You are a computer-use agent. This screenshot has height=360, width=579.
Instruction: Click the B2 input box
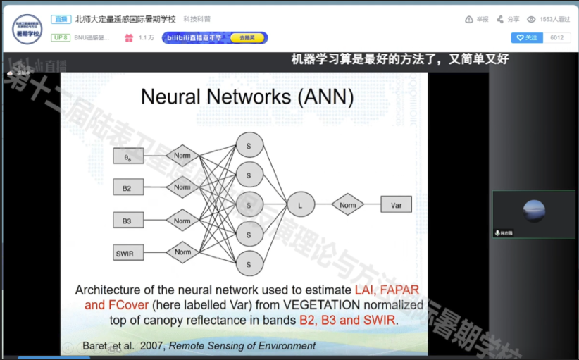[x=127, y=188]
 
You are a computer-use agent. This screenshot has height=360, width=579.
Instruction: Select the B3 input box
[x=127, y=221]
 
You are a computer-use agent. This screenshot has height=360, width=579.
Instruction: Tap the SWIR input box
[x=127, y=252]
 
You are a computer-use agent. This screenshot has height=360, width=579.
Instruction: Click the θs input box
[x=127, y=158]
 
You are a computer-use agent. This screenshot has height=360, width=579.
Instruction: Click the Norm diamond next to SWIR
[x=182, y=252]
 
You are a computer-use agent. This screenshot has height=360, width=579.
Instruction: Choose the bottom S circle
[x=249, y=263]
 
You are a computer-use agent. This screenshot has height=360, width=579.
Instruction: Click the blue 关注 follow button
[x=527, y=37]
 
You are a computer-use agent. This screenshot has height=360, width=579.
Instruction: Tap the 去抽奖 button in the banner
[x=247, y=37]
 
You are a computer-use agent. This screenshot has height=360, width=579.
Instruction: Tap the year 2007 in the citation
[x=153, y=346]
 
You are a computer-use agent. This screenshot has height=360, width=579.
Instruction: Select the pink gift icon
[x=128, y=37]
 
